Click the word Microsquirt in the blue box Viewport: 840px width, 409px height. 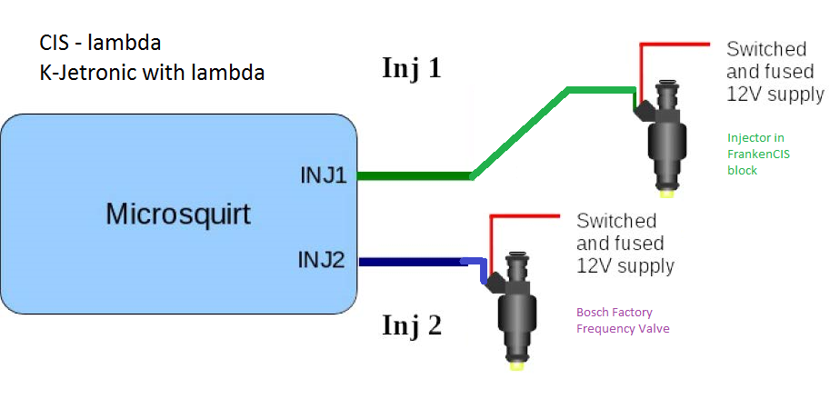(177, 214)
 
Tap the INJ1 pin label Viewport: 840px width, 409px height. (324, 175)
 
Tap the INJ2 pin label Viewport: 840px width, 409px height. (322, 261)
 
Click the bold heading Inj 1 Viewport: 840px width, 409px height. (411, 68)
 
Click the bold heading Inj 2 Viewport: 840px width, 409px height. (411, 324)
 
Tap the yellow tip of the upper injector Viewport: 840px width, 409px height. (667, 192)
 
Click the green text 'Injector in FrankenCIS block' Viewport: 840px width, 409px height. (758, 154)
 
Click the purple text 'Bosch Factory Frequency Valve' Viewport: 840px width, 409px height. (623, 320)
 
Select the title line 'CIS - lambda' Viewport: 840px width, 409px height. (100, 43)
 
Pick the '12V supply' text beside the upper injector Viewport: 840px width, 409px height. (775, 94)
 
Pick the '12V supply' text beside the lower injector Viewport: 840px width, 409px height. (625, 266)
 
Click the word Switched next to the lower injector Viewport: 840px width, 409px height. (616, 221)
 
